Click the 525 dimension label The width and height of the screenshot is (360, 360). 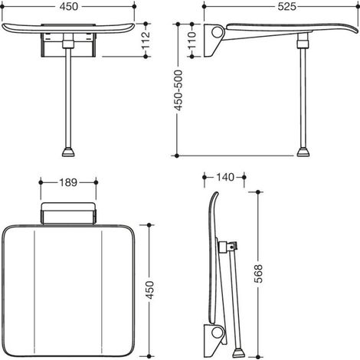[286, 7]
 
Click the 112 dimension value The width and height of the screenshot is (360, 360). [146, 40]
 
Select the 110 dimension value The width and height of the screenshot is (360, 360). [192, 40]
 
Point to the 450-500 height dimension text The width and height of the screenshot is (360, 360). [178, 90]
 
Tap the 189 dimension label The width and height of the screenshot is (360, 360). [68, 182]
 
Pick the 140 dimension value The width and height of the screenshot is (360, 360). [225, 177]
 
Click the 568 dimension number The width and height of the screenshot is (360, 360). [258, 273]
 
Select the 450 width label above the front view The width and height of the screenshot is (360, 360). [69, 7]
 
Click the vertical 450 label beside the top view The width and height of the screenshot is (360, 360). [150, 290]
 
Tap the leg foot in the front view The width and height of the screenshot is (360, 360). [68, 152]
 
